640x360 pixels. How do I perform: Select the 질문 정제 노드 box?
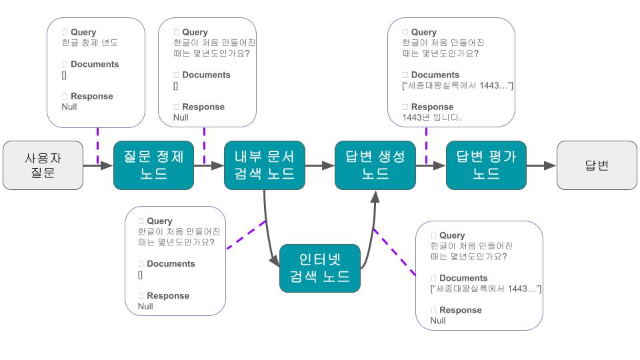[153, 165]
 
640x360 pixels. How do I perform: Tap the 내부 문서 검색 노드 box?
[264, 165]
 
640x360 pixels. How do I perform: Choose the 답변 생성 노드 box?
[375, 165]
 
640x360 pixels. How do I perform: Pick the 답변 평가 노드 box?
[486, 165]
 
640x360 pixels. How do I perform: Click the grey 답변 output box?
[596, 165]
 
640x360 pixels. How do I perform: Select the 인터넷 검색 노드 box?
[320, 268]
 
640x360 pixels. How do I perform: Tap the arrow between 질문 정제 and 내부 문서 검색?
[209, 165]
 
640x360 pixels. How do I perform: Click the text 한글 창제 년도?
[90, 43]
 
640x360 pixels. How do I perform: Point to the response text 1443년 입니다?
[432, 117]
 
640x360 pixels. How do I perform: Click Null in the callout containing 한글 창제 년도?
[69, 107]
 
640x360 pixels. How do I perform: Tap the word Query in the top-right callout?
[423, 32]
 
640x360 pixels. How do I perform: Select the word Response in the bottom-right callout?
[460, 310]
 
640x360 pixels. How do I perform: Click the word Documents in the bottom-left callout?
[171, 263]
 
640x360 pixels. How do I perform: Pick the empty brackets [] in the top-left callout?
[64, 75]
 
